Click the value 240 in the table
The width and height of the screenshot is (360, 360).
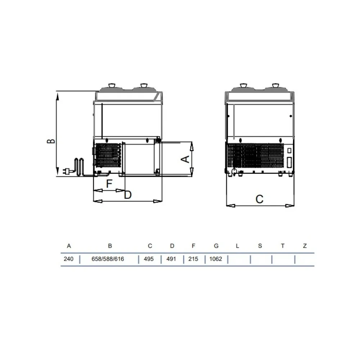pos(68,259)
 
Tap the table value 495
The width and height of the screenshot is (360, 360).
pos(149,259)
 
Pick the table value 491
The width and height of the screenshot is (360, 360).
pos(172,259)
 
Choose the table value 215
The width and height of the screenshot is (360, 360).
pos(193,259)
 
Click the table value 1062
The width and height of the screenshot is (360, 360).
pos(216,259)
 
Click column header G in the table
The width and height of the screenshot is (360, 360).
pos(216,246)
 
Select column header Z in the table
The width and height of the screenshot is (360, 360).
pos(305,246)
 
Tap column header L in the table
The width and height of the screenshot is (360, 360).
pos(237,246)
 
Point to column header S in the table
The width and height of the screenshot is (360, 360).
pos(260,246)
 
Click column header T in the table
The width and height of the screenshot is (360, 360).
pos(283,246)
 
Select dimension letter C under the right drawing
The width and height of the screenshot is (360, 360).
pos(259,199)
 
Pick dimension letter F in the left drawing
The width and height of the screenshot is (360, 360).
pos(109,184)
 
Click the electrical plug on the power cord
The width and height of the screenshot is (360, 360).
pos(67,171)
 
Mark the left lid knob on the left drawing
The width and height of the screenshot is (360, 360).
pos(112,85)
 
